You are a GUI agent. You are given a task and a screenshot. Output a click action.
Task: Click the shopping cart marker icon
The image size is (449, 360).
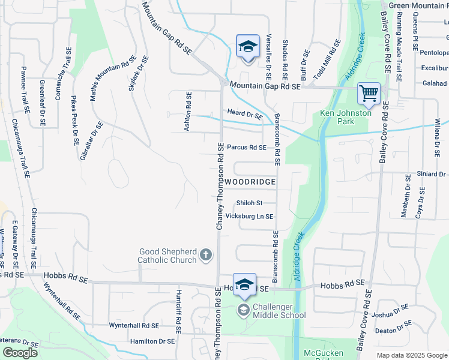tap(369, 94)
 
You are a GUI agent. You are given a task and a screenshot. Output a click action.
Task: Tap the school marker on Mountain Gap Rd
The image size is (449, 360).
tap(246, 47)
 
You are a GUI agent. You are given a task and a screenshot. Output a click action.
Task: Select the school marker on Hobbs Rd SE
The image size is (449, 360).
tap(244, 285)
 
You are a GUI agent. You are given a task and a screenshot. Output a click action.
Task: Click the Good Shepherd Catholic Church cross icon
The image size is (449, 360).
tap(206, 256)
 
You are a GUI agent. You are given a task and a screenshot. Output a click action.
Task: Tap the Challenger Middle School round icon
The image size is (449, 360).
tap(244, 310)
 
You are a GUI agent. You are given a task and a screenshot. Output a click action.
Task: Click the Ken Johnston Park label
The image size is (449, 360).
tap(345, 117)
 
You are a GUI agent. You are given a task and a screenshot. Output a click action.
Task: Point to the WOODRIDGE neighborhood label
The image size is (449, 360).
tap(251, 181)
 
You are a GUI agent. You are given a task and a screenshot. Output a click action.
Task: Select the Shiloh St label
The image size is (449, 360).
tap(250, 203)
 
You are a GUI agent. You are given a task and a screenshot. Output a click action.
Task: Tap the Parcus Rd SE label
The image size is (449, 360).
tap(246, 147)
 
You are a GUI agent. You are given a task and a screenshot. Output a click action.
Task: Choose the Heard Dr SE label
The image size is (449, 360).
tap(245, 114)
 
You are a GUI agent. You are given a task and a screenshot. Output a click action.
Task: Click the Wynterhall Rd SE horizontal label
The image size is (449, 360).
tap(133, 325)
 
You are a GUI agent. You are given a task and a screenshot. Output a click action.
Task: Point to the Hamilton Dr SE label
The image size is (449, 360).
tap(152, 341)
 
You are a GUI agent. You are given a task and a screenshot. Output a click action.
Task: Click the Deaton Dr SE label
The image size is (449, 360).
tap(393, 330)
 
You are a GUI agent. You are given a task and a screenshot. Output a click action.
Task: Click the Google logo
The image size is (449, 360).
tap(20, 353)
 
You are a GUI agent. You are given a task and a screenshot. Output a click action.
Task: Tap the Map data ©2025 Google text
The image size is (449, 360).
tap(411, 355)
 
